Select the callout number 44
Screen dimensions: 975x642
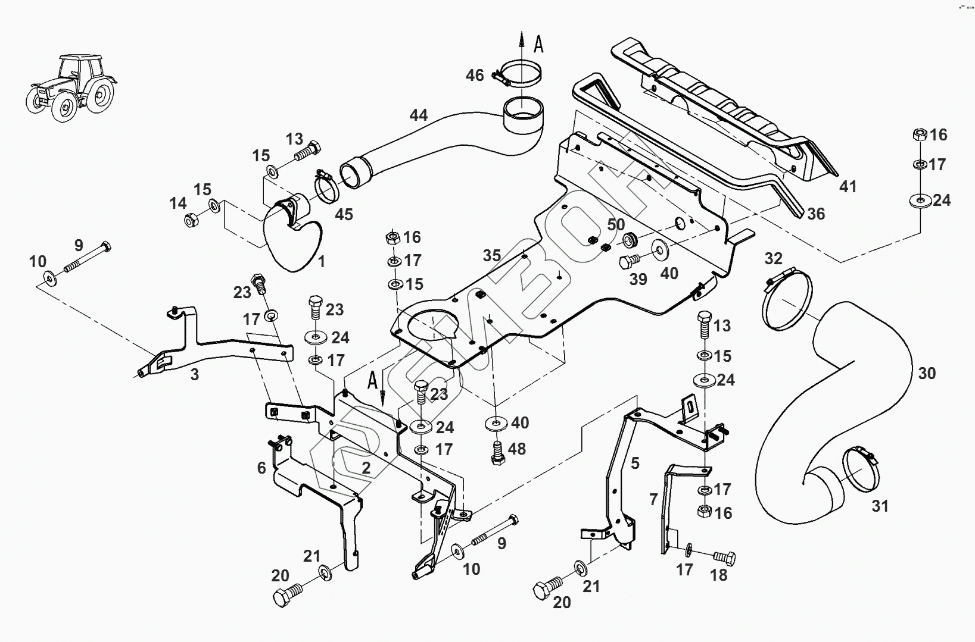tap(418, 115)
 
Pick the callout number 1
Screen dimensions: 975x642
tap(321, 261)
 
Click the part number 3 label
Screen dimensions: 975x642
tap(195, 374)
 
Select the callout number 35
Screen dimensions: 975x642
tap(492, 255)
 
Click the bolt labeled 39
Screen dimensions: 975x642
tap(629, 262)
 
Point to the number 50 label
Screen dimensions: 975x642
tap(616, 225)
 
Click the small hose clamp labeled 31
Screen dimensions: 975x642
tap(861, 469)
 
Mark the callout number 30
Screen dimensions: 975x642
tap(927, 373)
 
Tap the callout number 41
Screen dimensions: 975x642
tap(848, 186)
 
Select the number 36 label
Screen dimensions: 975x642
tap(816, 214)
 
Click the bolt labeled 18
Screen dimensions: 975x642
tap(724, 558)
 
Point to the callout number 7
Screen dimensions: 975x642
tap(653, 499)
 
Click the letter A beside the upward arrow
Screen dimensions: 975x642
tap(538, 44)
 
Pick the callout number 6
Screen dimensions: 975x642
tap(261, 468)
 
